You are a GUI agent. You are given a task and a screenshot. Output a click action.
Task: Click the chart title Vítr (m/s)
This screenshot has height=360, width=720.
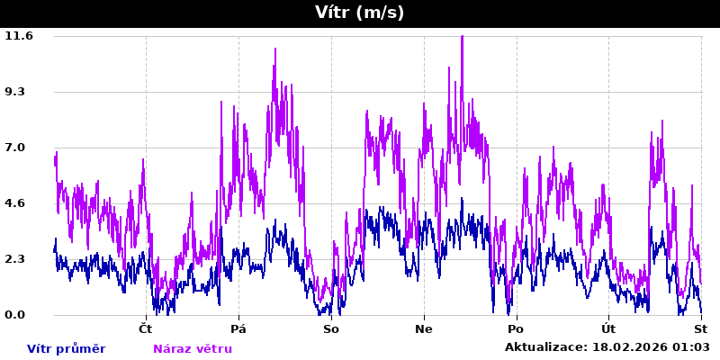tap(359, 13)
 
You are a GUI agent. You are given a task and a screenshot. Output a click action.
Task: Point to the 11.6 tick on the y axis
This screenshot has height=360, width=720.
tap(19, 36)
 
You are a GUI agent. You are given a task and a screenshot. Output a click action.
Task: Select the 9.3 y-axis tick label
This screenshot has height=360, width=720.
tap(19, 92)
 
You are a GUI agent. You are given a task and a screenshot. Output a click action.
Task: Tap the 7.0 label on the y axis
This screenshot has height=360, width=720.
tap(19, 148)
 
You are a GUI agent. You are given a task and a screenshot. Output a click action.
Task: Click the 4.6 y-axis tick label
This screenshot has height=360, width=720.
tap(19, 203)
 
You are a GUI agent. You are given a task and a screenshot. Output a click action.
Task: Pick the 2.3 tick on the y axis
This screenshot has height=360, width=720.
tap(19, 259)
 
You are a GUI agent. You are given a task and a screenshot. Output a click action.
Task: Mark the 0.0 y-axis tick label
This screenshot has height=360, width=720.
tap(19, 315)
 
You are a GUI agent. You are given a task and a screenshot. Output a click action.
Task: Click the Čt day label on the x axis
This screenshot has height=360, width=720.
tap(146, 329)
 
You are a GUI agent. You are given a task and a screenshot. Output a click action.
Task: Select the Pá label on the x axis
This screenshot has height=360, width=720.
tap(238, 329)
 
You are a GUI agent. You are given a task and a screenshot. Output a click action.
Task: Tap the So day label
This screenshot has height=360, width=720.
tap(331, 329)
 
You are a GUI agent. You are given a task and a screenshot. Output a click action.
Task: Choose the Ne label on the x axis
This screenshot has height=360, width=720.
tap(424, 329)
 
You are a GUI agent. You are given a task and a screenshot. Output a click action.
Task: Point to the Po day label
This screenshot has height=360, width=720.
tap(516, 329)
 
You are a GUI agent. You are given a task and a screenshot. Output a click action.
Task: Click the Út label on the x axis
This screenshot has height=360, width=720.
tap(608, 329)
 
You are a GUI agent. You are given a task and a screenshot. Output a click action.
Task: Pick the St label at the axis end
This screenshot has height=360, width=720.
tap(701, 329)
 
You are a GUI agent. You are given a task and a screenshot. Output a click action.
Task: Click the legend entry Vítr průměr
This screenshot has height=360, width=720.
tap(66, 349)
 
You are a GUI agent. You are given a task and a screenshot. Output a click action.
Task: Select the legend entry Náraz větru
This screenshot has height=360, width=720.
tap(192, 349)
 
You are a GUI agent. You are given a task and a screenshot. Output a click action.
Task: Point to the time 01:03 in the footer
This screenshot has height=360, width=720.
tap(692, 347)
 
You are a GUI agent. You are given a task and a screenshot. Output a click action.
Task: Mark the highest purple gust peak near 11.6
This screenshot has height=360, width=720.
tap(462, 38)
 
